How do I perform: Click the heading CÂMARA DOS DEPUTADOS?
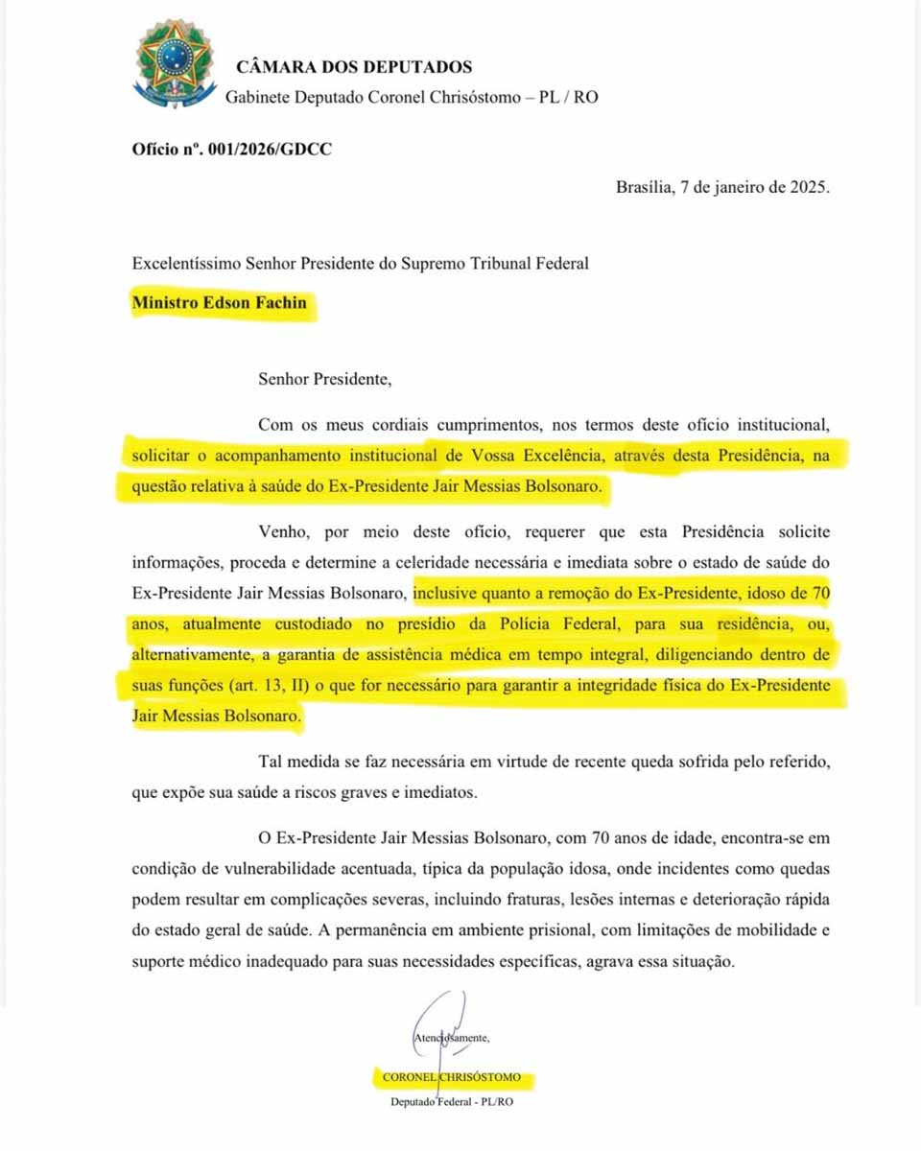pyautogui.click(x=354, y=67)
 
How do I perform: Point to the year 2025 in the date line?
pyautogui.click(x=807, y=187)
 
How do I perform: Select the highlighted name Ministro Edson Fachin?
pyautogui.click(x=221, y=303)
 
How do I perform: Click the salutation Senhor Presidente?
pyautogui.click(x=325, y=378)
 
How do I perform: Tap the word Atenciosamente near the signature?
pyautogui.click(x=451, y=1038)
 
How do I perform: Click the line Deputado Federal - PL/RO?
pyautogui.click(x=451, y=1102)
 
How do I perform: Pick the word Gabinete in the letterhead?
pyautogui.click(x=255, y=97)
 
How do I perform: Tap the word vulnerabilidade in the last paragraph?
pyautogui.click(x=269, y=869)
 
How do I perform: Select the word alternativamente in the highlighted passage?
pyautogui.click(x=192, y=656)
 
